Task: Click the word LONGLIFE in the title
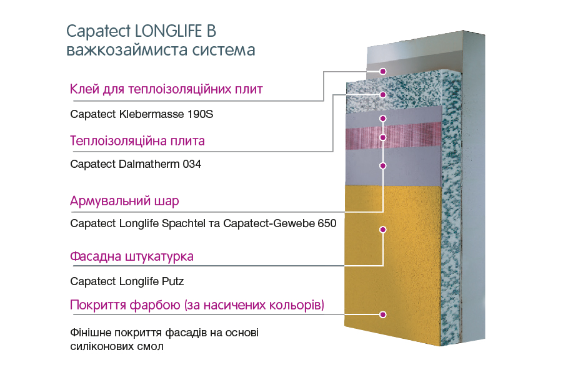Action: point(169,31)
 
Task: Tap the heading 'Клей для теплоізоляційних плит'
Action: point(166,89)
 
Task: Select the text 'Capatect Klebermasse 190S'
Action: point(141,114)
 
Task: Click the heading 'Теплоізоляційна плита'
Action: point(137,140)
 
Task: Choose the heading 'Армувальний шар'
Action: point(124,201)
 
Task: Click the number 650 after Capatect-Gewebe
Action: point(327,223)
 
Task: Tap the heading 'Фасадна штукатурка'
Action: point(131,256)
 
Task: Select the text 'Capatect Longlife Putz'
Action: point(127,281)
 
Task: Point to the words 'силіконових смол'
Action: point(117,347)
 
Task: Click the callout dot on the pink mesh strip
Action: point(383,138)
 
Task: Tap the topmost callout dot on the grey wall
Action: point(383,71)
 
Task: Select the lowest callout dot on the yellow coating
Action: point(383,314)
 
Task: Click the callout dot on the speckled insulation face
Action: point(383,95)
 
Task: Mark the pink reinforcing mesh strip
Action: point(393,136)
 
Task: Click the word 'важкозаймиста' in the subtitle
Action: point(127,50)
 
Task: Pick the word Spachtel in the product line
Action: point(183,223)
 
